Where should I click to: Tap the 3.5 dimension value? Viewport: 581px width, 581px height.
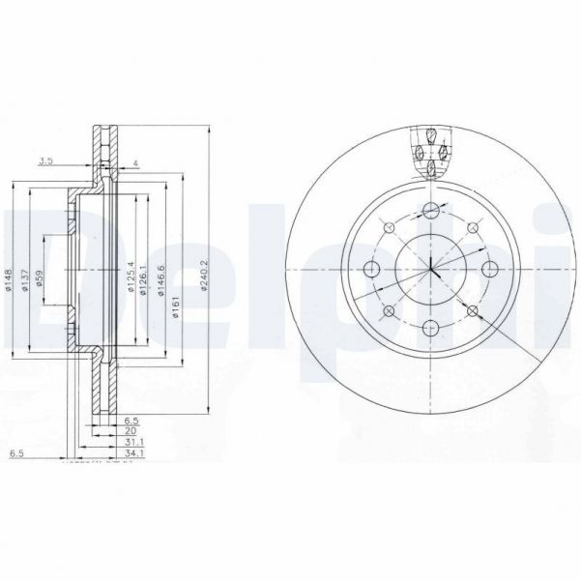(44, 161)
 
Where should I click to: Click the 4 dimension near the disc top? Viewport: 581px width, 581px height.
(137, 161)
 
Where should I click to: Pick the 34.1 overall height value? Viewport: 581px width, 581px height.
(134, 451)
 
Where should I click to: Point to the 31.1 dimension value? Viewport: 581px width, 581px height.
(134, 441)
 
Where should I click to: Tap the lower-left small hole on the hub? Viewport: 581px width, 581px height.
(387, 311)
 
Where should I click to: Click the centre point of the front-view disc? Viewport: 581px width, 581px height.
(430, 269)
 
